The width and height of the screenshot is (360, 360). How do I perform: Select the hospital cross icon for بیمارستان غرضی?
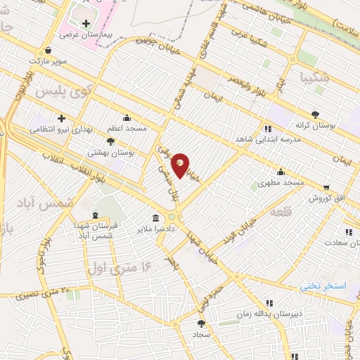click(x=86, y=23)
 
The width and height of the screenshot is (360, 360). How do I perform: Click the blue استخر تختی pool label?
click(x=323, y=286)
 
